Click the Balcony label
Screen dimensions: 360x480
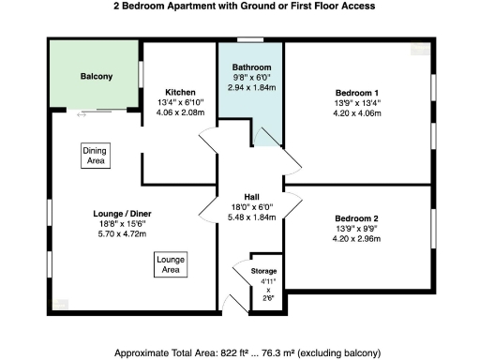(96, 76)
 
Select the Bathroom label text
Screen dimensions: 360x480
(251, 67)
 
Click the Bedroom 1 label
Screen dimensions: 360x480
(357, 92)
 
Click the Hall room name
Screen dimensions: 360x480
(251, 196)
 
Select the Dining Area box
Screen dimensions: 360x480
(96, 156)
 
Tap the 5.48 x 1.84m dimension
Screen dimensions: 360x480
(251, 217)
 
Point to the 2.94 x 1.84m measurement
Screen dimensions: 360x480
(251, 87)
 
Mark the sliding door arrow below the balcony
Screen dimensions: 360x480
(82, 113)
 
